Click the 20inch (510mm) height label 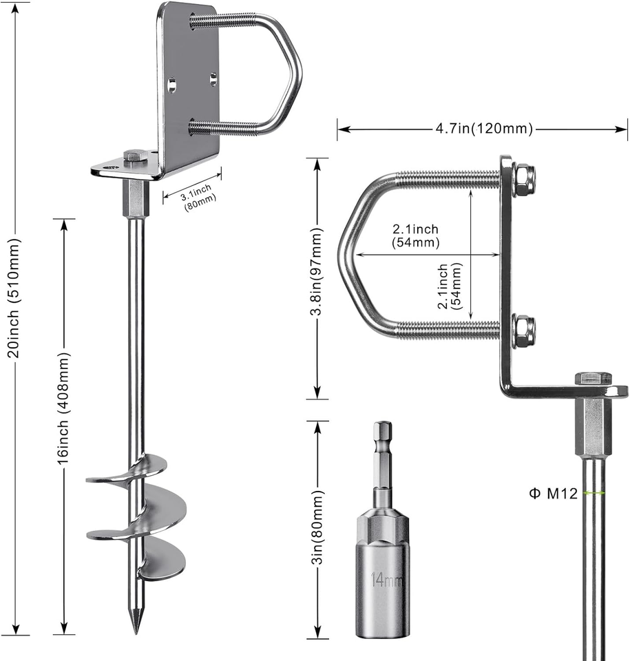click(x=14, y=298)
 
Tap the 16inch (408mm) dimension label click(x=63, y=408)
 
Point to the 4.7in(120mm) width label click(x=484, y=128)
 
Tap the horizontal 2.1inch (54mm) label click(x=416, y=235)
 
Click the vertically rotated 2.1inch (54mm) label click(x=450, y=286)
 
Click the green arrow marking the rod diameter click(x=594, y=492)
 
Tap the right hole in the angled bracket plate click(x=213, y=78)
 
